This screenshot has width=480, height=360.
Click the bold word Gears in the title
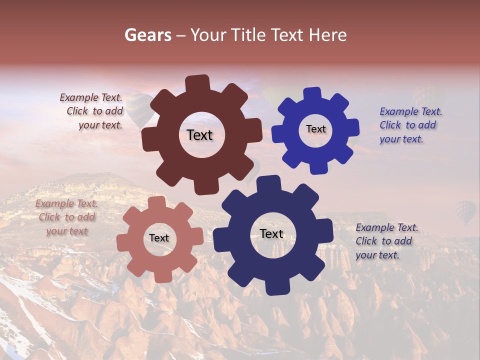click(x=147, y=35)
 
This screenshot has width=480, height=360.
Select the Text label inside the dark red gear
click(x=199, y=135)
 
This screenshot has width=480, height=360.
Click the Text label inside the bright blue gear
click(x=315, y=129)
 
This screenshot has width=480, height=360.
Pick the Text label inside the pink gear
click(x=159, y=238)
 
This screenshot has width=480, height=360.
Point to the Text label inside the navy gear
click(x=271, y=234)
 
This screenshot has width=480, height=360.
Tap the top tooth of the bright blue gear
click(x=312, y=94)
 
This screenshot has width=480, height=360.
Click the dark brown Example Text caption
click(x=92, y=111)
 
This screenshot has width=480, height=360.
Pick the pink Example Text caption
click(x=66, y=217)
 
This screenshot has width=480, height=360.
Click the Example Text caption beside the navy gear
click(x=386, y=241)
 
